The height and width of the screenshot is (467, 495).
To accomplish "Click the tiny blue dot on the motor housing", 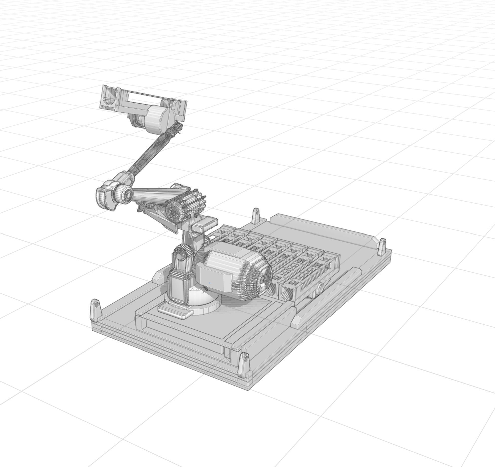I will pos(210,283).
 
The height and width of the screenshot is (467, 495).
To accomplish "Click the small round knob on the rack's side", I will pos(320,288).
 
